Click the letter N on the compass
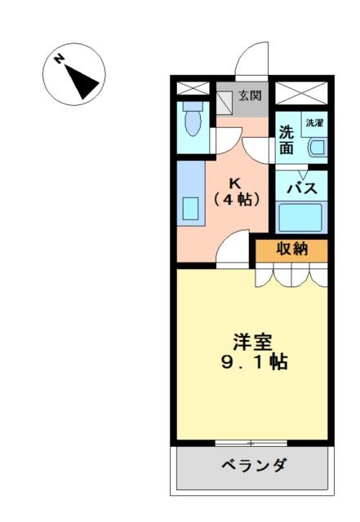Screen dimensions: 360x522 [x=60, y=59]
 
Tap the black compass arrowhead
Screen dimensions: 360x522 [x=81, y=82]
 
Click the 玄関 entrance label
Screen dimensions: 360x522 [x=249, y=96]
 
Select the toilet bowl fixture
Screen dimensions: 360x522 [x=193, y=118]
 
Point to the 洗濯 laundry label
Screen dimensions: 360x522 [x=314, y=123]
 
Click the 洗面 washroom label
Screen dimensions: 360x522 [x=287, y=139]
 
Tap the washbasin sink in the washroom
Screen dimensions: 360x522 [x=318, y=148]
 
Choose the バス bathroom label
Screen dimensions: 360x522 [x=302, y=188]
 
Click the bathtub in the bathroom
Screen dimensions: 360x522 [x=300, y=217]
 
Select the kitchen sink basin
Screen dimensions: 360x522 [x=190, y=209]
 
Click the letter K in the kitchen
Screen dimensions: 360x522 [x=236, y=183]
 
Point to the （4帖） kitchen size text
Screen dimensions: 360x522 [x=237, y=199]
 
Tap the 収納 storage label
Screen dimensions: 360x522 [x=292, y=249]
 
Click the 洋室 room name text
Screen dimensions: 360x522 [x=252, y=343]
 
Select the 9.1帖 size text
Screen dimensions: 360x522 [x=255, y=362]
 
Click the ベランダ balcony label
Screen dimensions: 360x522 [x=254, y=464]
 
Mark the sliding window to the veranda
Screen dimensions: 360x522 [x=251, y=443]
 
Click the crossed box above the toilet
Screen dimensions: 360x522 [x=193, y=88]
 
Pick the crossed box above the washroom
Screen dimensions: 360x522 [x=301, y=92]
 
